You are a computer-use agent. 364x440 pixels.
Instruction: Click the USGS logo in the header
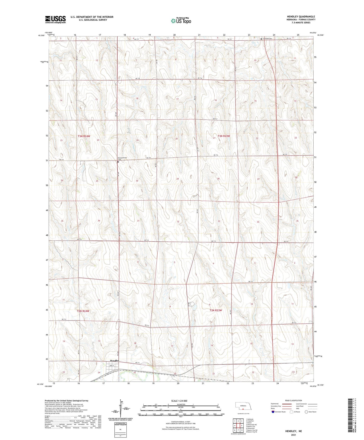(55, 19)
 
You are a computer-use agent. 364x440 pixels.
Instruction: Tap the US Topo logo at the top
(181, 21)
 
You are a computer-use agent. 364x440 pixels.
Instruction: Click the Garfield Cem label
(267, 39)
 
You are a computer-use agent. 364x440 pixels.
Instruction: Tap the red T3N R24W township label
(84, 136)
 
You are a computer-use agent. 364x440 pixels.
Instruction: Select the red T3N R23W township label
(224, 136)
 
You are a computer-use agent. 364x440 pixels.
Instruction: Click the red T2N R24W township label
(83, 311)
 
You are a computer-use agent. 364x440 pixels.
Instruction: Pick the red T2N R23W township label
(216, 310)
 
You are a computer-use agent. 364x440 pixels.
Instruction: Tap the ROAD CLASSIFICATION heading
(293, 400)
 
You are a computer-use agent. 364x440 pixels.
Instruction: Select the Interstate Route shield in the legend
(273, 412)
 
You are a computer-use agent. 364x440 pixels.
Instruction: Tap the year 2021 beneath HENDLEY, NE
(293, 435)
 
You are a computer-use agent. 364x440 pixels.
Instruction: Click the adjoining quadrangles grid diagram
(238, 426)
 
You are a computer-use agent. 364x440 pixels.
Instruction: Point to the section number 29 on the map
(178, 179)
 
